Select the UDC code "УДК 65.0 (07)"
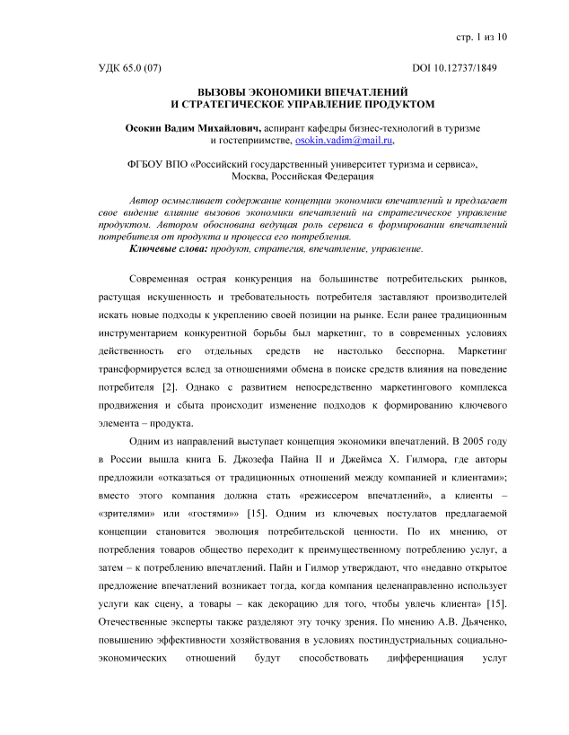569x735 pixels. [129, 67]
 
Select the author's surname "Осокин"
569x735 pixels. [144, 128]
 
